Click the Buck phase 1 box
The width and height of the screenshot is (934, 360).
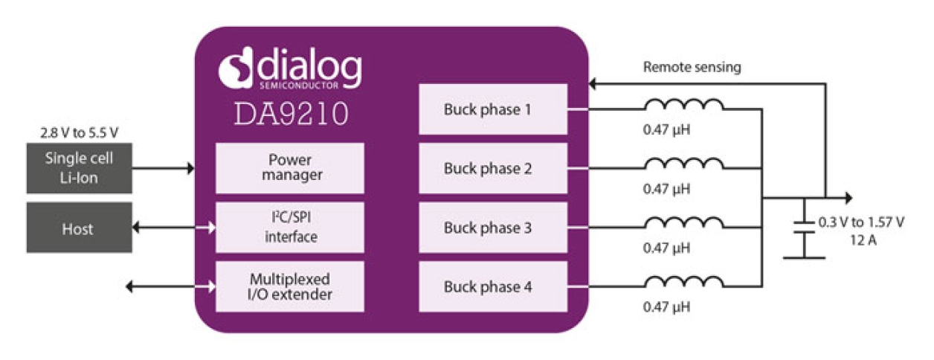(x=493, y=109)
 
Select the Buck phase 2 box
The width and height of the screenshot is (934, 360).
(x=493, y=168)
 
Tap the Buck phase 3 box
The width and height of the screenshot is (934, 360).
(x=493, y=228)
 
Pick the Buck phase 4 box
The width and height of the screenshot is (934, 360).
(x=493, y=286)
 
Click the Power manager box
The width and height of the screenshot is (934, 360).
(x=290, y=168)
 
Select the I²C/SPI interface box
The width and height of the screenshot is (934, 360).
(x=290, y=228)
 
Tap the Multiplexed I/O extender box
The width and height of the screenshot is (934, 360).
(x=290, y=286)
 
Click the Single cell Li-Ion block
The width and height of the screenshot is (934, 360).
(x=79, y=168)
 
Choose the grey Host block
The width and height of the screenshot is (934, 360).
(x=79, y=228)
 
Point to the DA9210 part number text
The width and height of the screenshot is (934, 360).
(x=291, y=114)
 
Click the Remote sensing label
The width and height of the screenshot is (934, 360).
(x=692, y=67)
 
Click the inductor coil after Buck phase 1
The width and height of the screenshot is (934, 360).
(x=683, y=105)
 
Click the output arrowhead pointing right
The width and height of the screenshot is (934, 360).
(x=846, y=198)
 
